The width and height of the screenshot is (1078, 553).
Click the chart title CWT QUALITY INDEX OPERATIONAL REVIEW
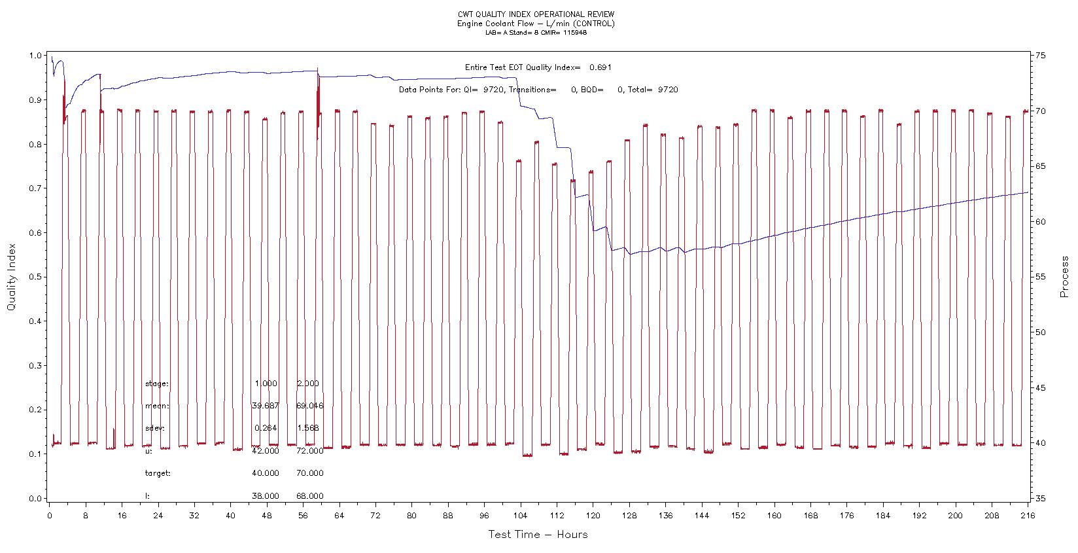536,14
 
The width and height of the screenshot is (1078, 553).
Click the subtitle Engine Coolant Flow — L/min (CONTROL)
536,24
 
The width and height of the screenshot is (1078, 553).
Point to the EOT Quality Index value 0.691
600,67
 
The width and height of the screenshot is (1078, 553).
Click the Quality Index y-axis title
11,277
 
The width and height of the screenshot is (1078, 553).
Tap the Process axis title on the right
1064,277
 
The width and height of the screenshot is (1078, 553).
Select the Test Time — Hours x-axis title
538,535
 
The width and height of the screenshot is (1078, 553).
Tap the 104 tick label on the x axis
521,515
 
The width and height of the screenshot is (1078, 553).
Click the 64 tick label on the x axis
339,515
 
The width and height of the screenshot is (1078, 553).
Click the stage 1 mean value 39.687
265,406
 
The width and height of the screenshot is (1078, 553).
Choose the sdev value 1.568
307,428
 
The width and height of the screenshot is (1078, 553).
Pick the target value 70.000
309,473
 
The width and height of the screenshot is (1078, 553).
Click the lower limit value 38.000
265,496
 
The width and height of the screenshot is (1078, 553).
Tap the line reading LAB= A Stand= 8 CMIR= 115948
536,33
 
